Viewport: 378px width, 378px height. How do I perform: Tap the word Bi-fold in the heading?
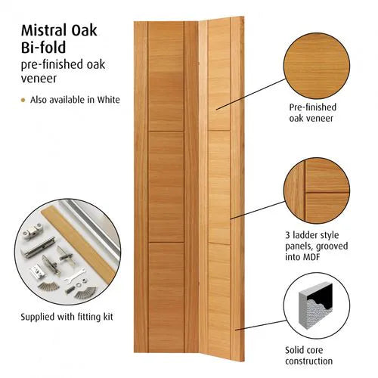[x=40, y=51]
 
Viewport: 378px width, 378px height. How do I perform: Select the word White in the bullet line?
[x=107, y=100]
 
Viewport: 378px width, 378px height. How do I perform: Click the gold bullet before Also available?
[x=23, y=100]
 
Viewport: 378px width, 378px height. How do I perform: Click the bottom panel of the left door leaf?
[x=166, y=295]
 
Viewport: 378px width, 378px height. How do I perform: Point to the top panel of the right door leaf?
[x=218, y=76]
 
